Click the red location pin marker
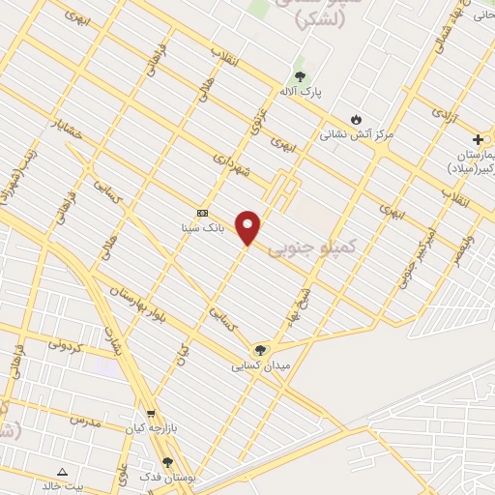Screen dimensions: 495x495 pos(247,227)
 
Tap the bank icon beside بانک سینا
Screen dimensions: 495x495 pos(202,213)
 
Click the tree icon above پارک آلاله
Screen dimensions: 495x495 pos(300,75)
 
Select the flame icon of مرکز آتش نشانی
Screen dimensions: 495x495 pos(357,119)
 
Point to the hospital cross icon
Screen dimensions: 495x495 pos(478,140)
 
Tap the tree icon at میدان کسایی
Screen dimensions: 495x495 pos(258,350)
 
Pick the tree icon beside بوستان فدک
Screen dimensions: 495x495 pos(168,463)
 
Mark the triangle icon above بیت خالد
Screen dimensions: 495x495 pos(63,471)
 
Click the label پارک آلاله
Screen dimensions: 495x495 pos(300,91)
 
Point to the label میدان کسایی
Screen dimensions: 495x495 pos(257,366)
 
